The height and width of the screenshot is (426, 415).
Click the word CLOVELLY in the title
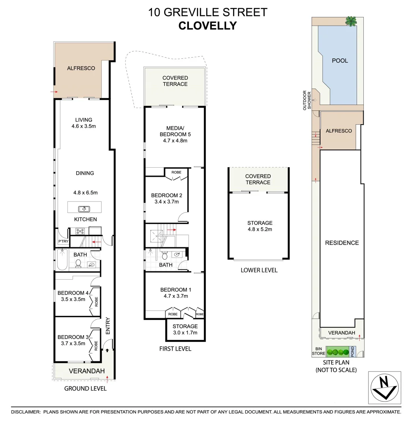point(207,26)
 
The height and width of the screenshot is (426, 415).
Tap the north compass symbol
point(385,387)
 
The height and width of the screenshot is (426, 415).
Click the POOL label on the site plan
point(340,61)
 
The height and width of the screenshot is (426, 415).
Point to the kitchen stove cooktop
point(80,232)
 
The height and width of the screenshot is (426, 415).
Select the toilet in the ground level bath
point(78,263)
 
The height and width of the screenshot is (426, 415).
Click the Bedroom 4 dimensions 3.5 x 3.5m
point(71,299)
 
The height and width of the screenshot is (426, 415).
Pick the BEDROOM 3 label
point(73,337)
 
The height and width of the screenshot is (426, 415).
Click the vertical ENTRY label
point(108,326)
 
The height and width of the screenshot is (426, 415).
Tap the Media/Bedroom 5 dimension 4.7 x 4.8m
point(175,140)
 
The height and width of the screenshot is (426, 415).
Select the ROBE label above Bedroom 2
point(176,172)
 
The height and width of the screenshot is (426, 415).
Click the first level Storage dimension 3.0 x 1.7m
point(185,333)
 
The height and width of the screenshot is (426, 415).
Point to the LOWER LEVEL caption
point(259,270)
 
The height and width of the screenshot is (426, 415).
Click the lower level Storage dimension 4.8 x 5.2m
point(260,229)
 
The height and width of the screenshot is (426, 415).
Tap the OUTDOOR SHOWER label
point(307,101)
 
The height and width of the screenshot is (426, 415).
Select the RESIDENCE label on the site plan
point(342,243)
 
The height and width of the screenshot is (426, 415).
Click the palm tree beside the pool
point(350,21)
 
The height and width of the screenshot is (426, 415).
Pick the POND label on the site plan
point(353,351)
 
